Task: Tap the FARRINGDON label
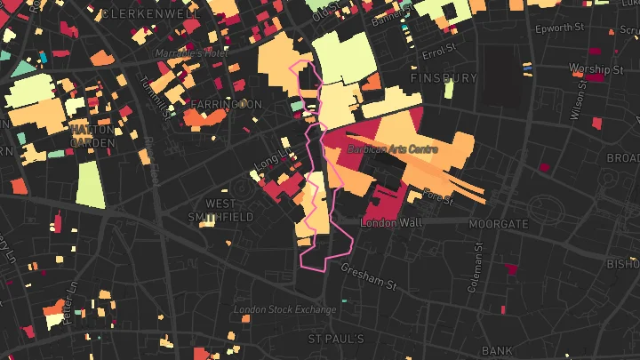coord(226,104)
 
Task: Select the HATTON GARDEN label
coord(92,135)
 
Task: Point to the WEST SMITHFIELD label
coord(222,209)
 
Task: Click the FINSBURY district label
coord(444,78)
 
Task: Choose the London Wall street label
coord(391,221)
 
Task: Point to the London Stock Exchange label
coord(284,309)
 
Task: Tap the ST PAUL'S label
coord(336,340)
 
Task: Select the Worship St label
coord(596,68)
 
